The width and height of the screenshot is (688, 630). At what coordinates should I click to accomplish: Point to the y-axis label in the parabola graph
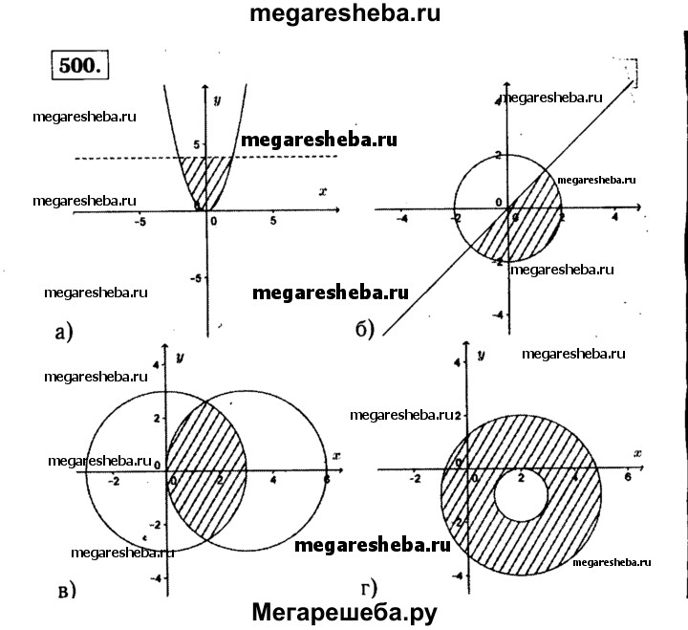[219, 100]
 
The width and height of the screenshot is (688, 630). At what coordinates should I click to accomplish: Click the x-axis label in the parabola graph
[323, 191]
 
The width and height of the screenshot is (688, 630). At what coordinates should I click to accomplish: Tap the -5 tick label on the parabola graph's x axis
[140, 222]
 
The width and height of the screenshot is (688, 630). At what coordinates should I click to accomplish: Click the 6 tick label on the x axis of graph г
[628, 477]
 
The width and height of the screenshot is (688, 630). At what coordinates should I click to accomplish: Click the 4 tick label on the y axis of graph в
[157, 364]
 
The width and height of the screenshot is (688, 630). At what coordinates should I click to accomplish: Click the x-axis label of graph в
[335, 455]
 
